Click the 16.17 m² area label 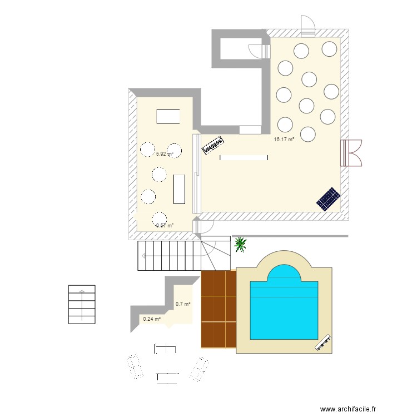pos(284,140)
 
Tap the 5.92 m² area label pos(165,154)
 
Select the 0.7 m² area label pos(183,304)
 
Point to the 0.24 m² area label pos(152,319)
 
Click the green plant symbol pos(241,244)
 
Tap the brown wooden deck pos(219,309)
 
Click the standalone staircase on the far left pos(82,304)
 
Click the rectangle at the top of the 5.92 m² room pos(168,117)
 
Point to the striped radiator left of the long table pos(212,146)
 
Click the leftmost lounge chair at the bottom pos(134,368)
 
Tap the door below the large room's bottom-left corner pos(205,226)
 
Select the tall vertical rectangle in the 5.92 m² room pos(178,189)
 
